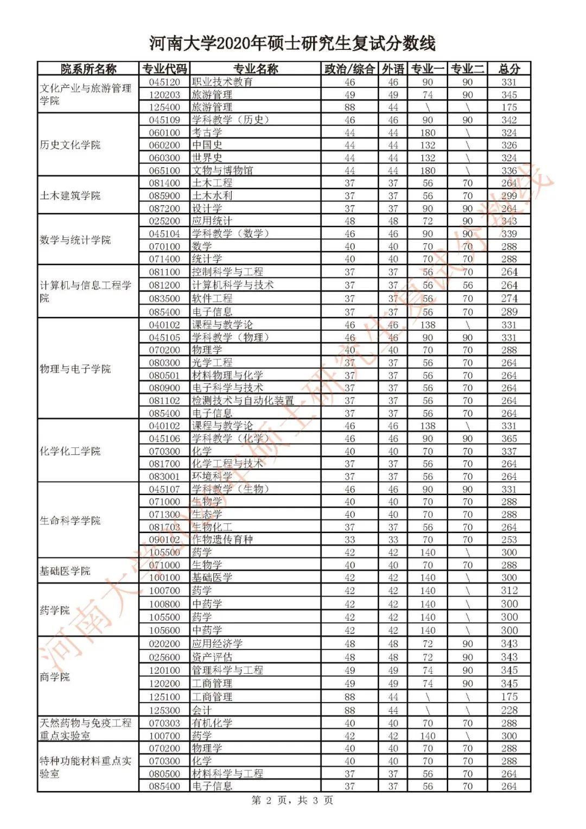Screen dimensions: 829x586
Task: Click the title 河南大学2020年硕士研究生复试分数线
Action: (292, 43)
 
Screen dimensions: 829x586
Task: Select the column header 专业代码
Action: (164, 69)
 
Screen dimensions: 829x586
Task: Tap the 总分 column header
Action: (509, 69)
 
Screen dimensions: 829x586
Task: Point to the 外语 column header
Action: (393, 69)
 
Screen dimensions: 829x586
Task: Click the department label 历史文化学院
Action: (70, 145)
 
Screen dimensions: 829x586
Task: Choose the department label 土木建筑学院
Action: (70, 195)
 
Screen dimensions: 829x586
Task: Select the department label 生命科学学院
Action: (70, 521)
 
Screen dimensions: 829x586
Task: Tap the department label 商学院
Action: (55, 677)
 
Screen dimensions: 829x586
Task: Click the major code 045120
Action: (164, 82)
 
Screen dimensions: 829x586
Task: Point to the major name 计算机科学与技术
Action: (233, 285)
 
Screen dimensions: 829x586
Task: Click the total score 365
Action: (509, 439)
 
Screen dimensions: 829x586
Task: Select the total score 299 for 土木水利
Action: (509, 196)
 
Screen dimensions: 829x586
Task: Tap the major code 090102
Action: (164, 540)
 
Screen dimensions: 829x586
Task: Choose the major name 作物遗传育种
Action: (222, 540)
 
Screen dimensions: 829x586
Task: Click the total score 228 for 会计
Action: (509, 710)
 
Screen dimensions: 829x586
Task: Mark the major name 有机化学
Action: (212, 723)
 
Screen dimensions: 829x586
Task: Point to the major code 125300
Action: (164, 710)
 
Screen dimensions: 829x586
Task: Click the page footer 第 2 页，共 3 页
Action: (292, 801)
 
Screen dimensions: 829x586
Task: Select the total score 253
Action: (509, 540)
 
